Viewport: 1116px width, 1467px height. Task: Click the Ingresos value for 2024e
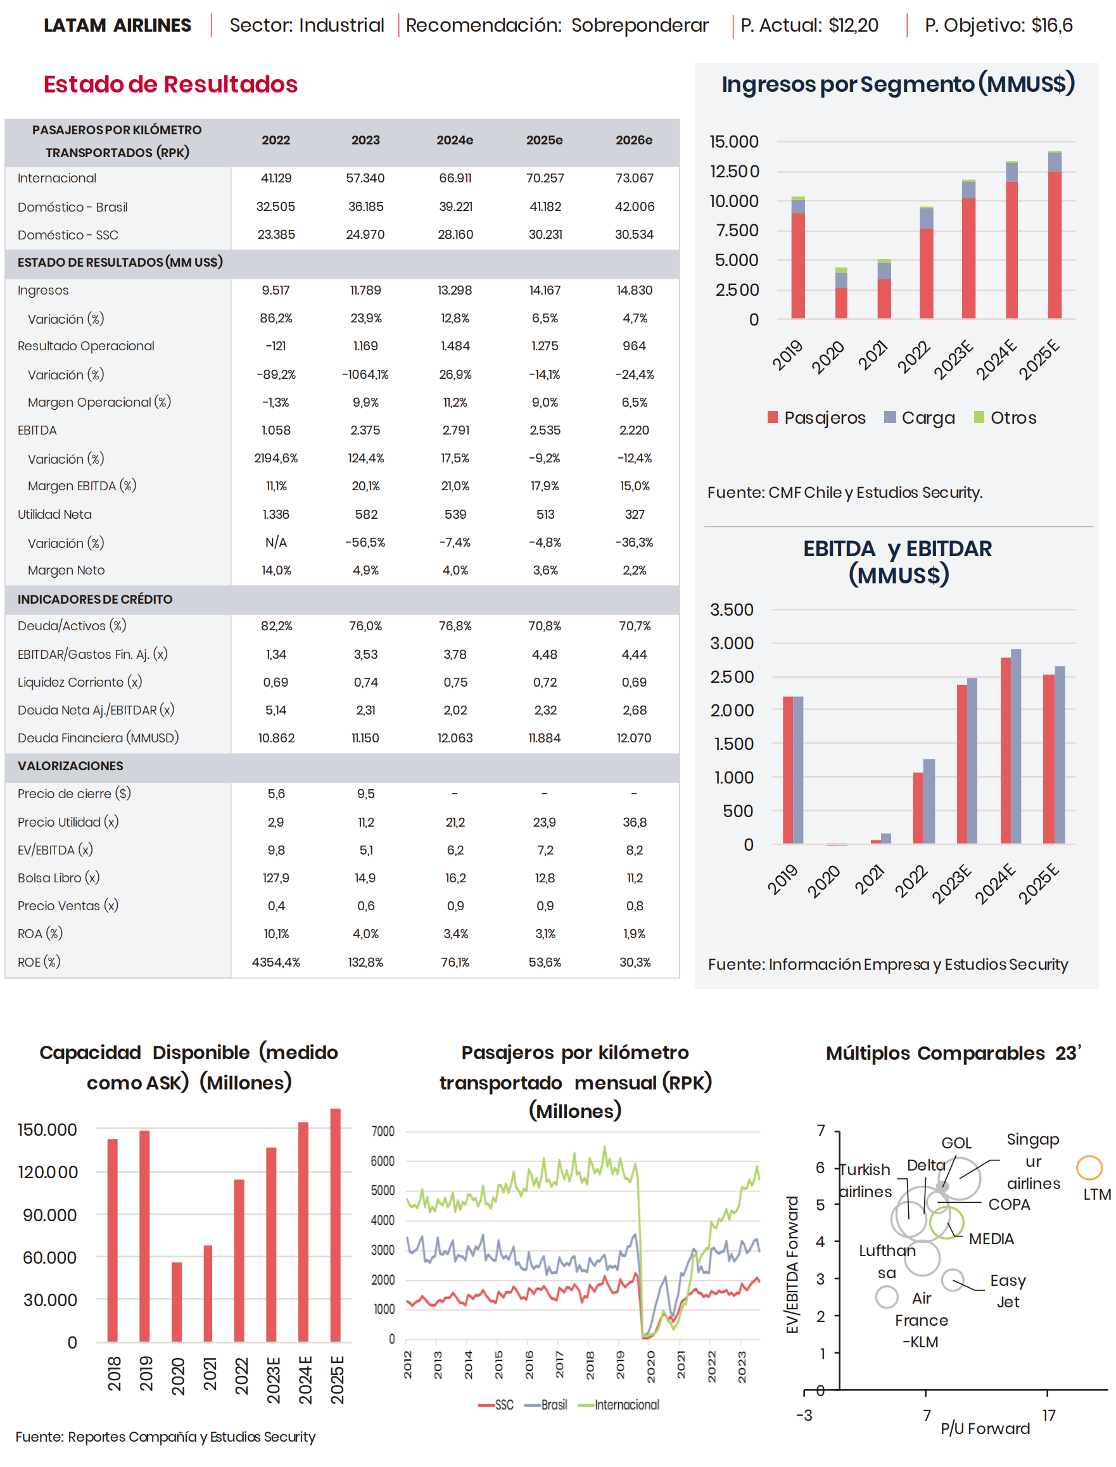point(455,290)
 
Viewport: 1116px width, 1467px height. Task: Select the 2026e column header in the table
point(634,140)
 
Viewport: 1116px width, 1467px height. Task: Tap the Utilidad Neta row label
point(54,514)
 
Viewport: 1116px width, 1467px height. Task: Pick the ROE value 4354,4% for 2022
point(276,962)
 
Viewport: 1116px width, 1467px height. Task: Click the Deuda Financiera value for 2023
point(365,738)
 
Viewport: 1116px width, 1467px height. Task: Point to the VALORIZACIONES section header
point(70,766)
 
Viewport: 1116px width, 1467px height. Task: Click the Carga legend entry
point(920,418)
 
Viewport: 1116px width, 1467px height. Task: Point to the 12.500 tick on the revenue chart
point(734,172)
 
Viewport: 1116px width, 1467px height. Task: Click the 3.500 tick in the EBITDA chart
point(732,610)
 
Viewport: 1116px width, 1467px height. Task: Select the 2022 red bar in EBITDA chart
point(917,808)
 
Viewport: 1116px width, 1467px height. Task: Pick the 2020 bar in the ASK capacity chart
point(177,1302)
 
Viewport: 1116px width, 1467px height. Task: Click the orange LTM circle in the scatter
point(1089,1167)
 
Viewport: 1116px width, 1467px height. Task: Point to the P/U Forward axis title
point(984,1428)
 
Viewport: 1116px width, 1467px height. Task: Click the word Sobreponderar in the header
point(640,25)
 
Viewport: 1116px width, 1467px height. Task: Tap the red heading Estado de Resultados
point(171,84)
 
